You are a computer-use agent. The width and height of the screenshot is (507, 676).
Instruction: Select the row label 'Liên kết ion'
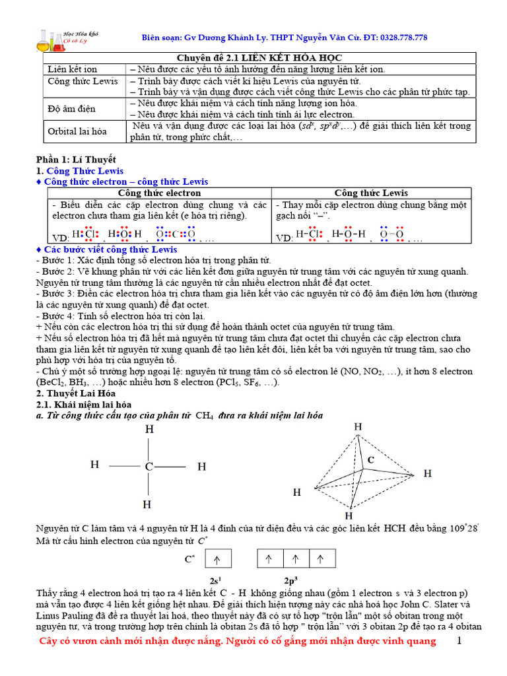72,69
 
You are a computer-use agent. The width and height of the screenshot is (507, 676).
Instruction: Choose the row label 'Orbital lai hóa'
77,131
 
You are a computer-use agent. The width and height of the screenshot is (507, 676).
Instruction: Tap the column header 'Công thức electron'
159,193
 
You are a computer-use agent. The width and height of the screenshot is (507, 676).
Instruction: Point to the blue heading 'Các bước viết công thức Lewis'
110,250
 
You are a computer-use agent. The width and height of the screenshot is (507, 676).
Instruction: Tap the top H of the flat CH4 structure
149,429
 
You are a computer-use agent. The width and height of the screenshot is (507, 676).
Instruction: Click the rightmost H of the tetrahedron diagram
428,473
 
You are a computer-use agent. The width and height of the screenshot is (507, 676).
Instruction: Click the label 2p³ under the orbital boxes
292,581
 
